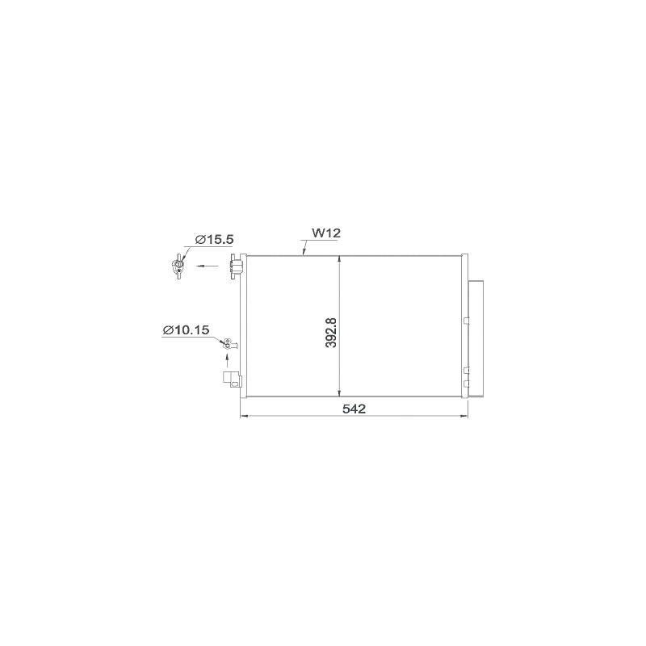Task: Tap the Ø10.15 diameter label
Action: pyautogui.click(x=186, y=330)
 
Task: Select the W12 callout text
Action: pyautogui.click(x=326, y=233)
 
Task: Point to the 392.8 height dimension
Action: pyautogui.click(x=331, y=333)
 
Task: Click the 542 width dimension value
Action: pyautogui.click(x=354, y=409)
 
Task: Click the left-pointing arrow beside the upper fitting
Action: pyautogui.click(x=208, y=266)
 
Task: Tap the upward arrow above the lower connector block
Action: pyautogui.click(x=228, y=361)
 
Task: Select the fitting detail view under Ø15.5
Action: pyautogui.click(x=178, y=266)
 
